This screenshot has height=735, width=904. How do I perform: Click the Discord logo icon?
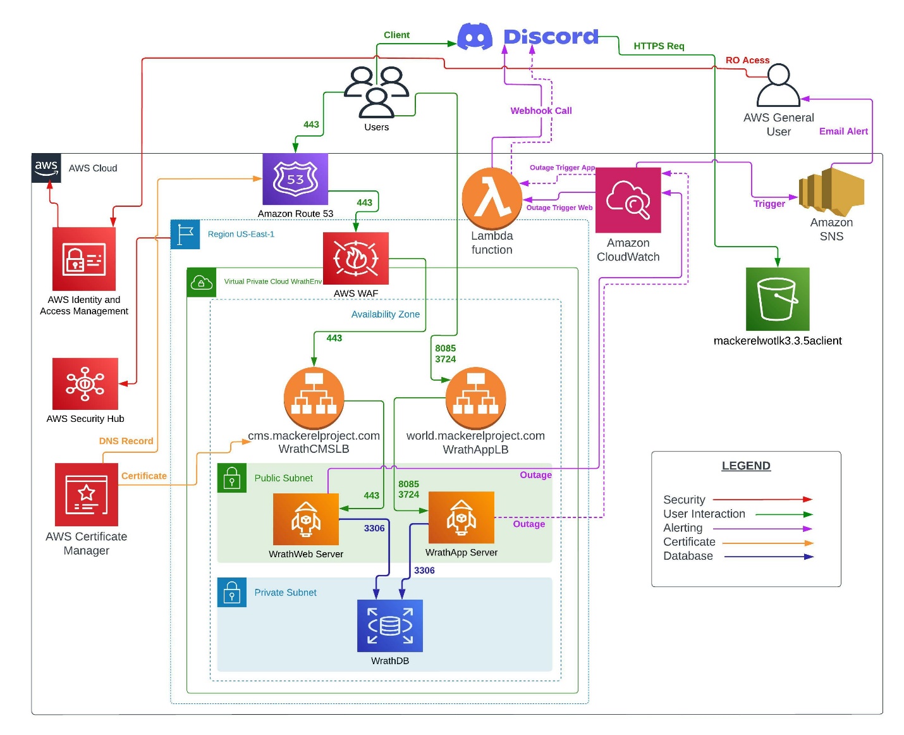(x=475, y=37)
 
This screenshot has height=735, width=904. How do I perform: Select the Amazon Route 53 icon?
(x=295, y=179)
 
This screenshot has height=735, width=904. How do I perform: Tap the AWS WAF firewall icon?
(x=355, y=258)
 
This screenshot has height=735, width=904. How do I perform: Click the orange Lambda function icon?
(x=492, y=198)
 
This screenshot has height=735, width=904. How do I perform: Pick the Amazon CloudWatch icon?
(x=628, y=200)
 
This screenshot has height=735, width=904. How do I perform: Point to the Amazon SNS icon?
(x=831, y=191)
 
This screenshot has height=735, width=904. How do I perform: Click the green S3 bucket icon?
(x=777, y=299)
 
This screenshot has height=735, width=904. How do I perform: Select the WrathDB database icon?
(x=389, y=626)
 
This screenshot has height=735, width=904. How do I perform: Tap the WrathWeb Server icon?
(x=305, y=519)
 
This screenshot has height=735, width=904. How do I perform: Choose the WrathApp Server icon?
(x=461, y=517)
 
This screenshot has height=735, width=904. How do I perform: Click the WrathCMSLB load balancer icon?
(x=314, y=398)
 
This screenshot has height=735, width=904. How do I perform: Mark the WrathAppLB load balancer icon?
(x=475, y=398)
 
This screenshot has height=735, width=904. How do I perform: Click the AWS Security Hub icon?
(x=85, y=383)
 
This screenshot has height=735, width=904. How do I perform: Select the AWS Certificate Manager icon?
(x=86, y=494)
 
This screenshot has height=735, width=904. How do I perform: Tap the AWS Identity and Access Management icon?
(x=83, y=259)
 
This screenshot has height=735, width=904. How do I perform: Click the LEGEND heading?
(x=746, y=466)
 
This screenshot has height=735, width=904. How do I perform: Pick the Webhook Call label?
(x=541, y=111)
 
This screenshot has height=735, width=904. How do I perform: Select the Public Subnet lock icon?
(x=232, y=478)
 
